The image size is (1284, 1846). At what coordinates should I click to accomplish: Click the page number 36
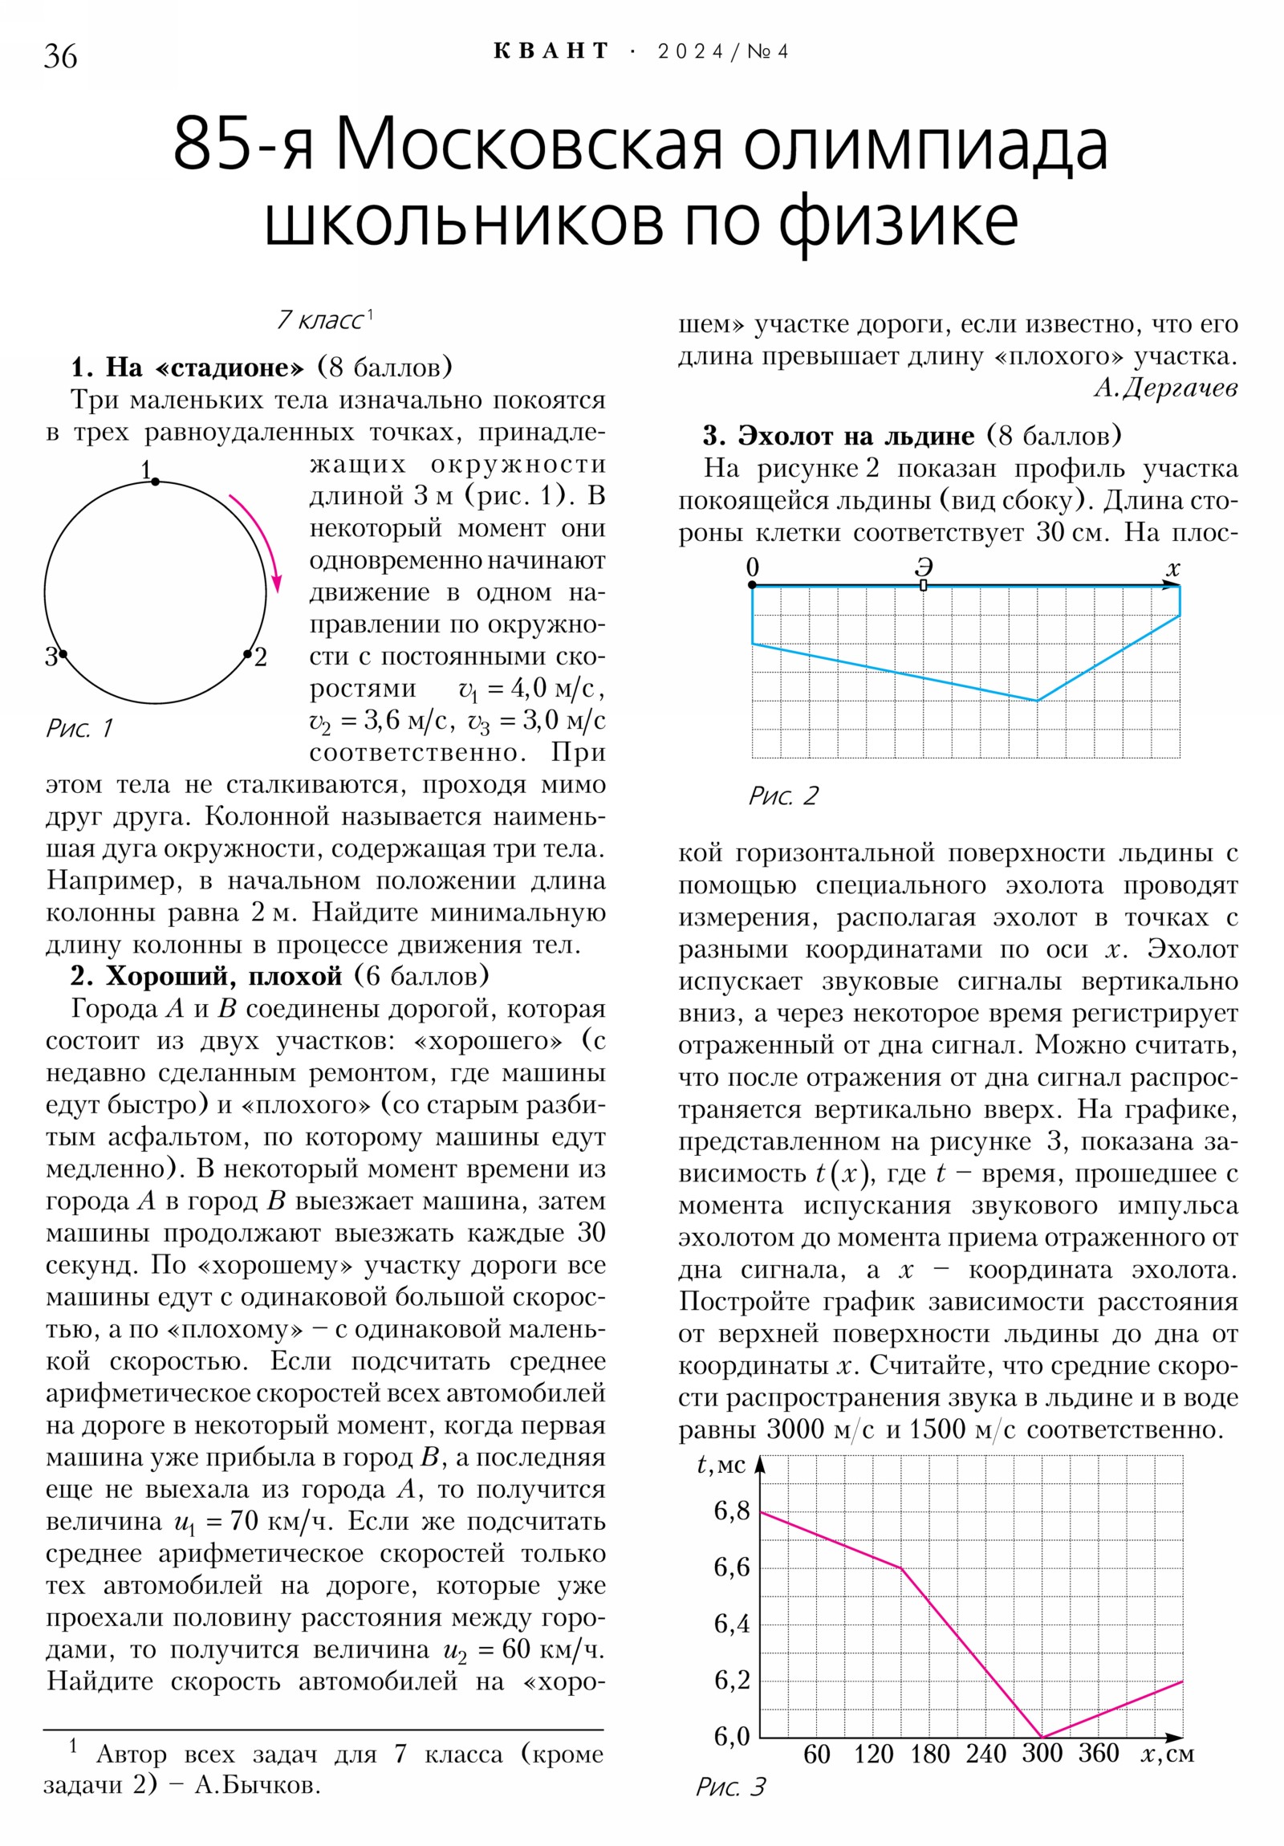[60, 57]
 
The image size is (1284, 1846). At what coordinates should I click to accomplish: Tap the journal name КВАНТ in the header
[551, 51]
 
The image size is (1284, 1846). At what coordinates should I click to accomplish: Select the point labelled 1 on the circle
[155, 482]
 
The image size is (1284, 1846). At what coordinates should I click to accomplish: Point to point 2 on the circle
[248, 654]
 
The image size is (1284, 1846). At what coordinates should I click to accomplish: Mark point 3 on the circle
[63, 654]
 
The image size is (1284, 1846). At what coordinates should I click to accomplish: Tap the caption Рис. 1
[79, 729]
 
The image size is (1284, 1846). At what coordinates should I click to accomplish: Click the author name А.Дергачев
[1165, 388]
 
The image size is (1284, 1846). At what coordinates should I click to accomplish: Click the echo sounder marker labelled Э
[923, 585]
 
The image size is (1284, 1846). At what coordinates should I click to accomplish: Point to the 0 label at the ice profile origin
[752, 567]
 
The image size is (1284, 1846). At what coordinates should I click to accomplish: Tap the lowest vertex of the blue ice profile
[1037, 701]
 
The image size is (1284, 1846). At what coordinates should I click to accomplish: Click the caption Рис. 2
[783, 796]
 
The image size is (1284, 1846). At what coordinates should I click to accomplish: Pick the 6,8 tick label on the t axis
[731, 1511]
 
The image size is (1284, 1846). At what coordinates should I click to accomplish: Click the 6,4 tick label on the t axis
[731, 1624]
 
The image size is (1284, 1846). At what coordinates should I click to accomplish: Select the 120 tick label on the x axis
[873, 1754]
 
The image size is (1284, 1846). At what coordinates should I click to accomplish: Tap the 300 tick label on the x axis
[1042, 1753]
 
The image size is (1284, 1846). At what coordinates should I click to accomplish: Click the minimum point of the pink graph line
[1042, 1737]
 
